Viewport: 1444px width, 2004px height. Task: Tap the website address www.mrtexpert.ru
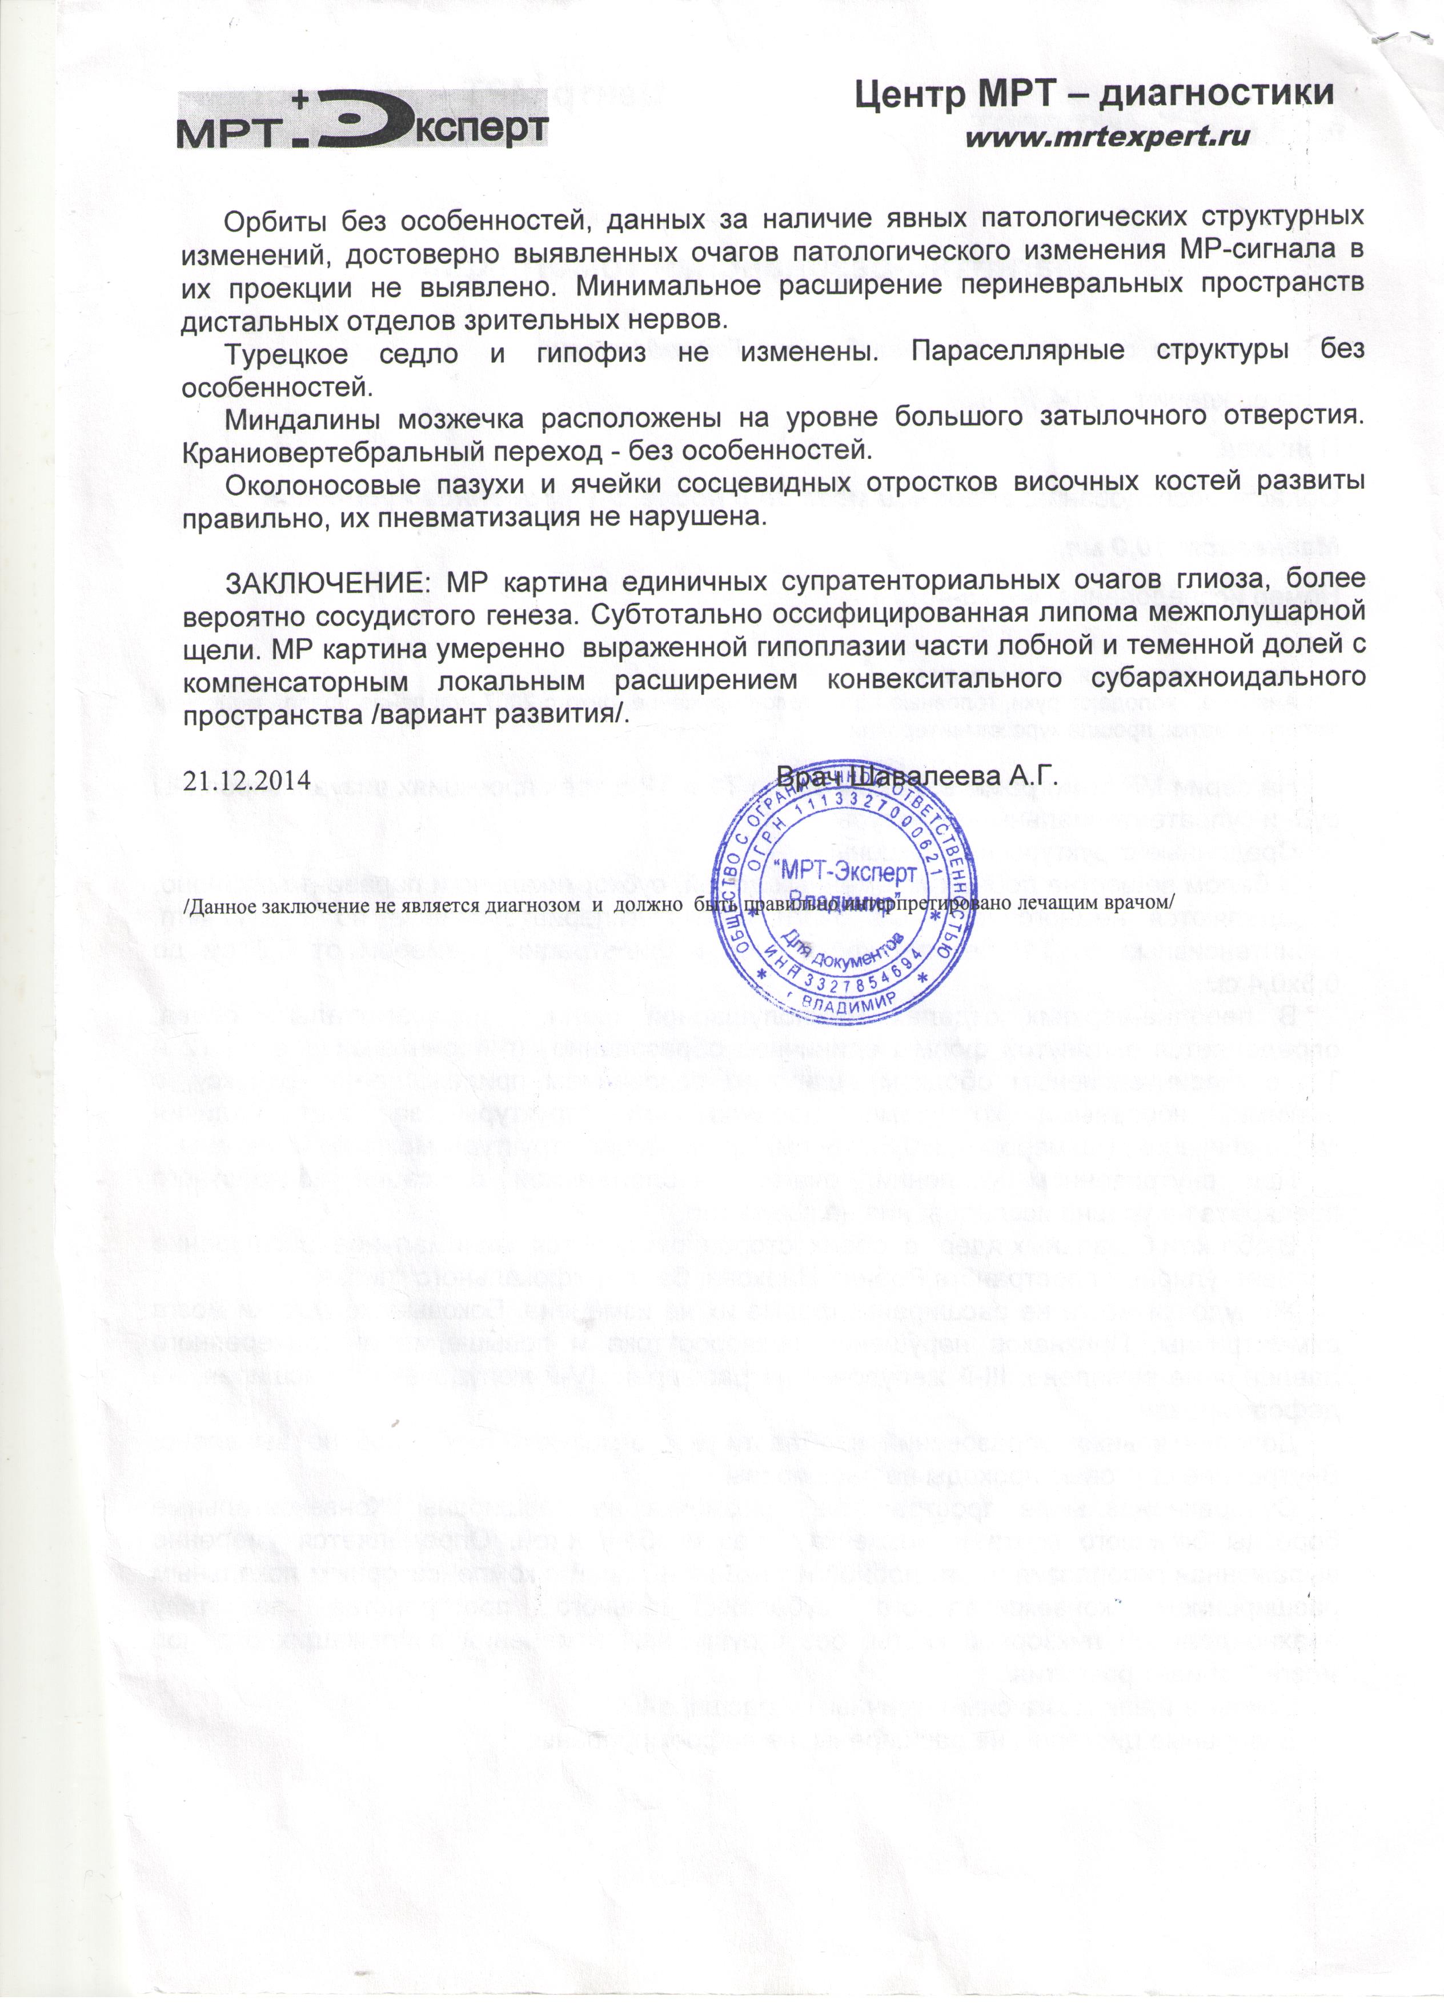pyautogui.click(x=1108, y=138)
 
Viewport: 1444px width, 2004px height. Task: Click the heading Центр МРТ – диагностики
pyautogui.click(x=1093, y=94)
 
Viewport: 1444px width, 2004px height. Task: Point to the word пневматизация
pyautogui.click(x=451, y=517)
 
